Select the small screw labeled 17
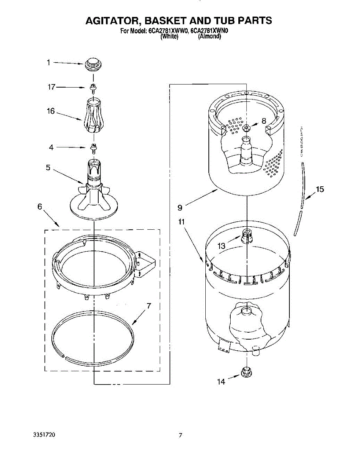92,88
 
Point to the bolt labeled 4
92,147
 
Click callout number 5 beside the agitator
48,167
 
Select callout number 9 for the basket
180,208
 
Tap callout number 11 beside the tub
182,222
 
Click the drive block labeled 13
246,234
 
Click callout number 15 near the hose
320,189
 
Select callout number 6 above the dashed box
40,207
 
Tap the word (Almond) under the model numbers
210,37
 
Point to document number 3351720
44,435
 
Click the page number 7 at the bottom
180,435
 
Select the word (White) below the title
169,37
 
